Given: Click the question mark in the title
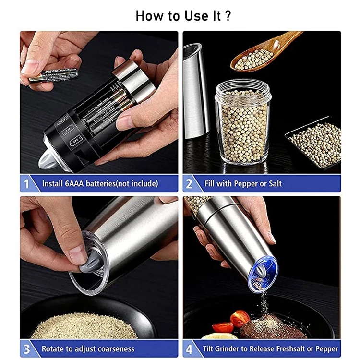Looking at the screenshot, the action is click(x=228, y=16).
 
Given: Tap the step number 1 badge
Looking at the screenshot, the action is click(x=26, y=184).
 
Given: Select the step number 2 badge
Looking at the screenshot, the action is click(x=189, y=184).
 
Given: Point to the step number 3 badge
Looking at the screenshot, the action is click(x=26, y=349).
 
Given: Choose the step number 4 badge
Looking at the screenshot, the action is click(x=189, y=349).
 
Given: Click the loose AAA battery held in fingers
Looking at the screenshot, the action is click(x=54, y=75).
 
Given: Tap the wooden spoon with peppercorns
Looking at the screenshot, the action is click(x=264, y=52).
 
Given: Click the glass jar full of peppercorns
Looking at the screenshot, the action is click(x=243, y=122).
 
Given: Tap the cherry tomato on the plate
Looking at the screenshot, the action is click(x=240, y=318).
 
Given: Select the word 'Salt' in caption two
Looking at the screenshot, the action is click(x=275, y=184).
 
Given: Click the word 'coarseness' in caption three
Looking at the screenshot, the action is click(x=115, y=349).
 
